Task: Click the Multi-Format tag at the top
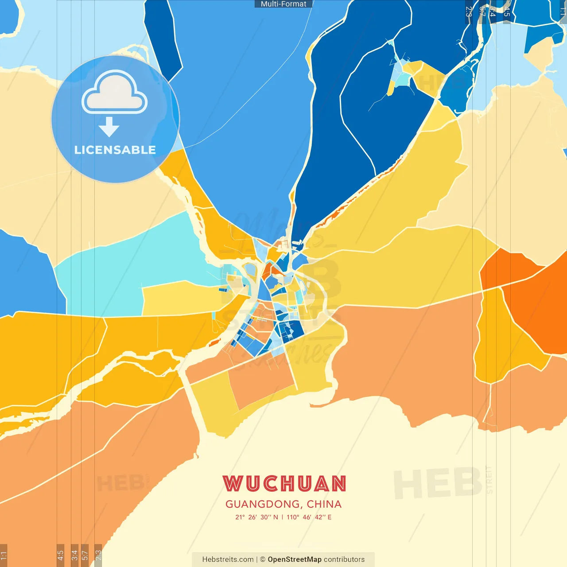(x=283, y=4)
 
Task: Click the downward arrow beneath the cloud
(x=109, y=127)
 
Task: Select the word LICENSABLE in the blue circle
(x=115, y=150)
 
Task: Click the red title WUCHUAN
(x=284, y=484)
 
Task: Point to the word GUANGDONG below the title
(x=263, y=504)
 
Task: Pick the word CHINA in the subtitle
(x=324, y=504)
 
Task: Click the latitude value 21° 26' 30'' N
(x=256, y=517)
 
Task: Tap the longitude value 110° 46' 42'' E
(x=309, y=517)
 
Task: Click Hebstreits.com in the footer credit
(x=228, y=559)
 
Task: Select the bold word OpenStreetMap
(x=295, y=559)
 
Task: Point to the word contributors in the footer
(x=344, y=559)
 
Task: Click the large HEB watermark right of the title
(x=438, y=483)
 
